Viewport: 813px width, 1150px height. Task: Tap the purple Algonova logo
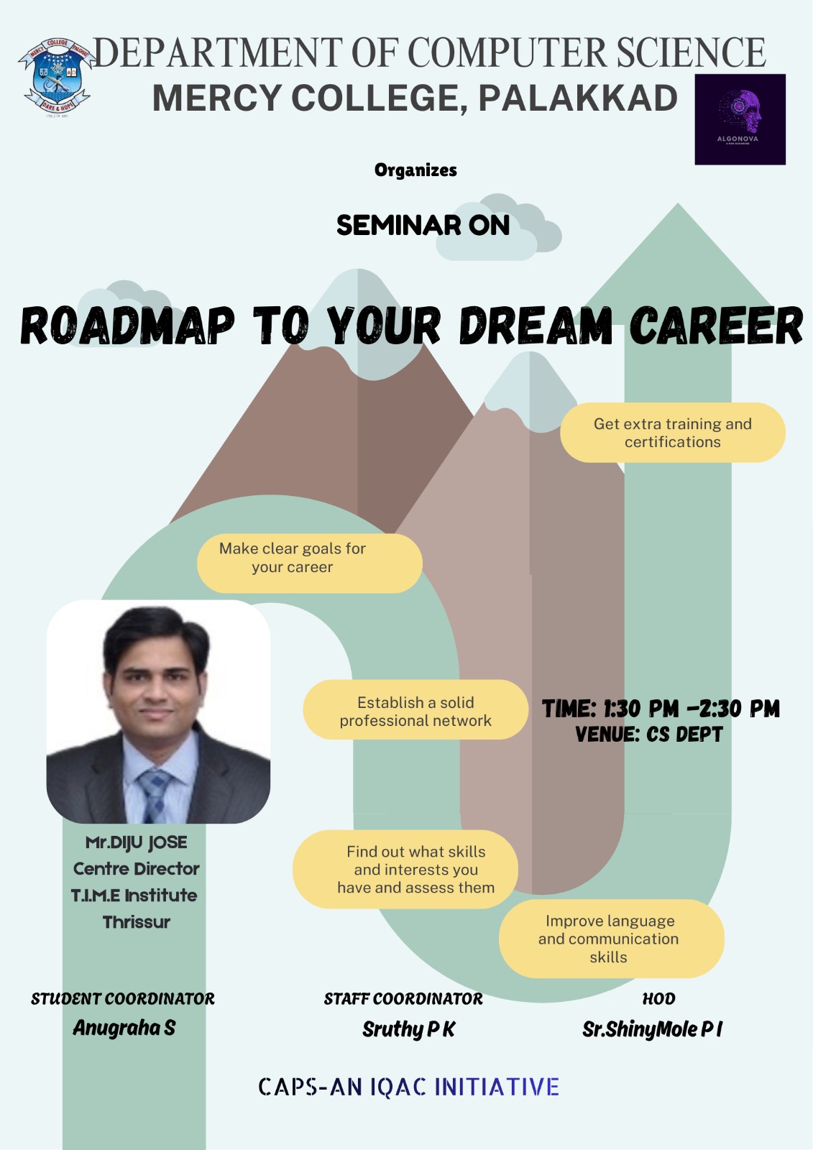click(740, 119)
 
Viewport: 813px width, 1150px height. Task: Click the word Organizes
click(415, 170)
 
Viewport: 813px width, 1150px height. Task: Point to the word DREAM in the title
click(536, 326)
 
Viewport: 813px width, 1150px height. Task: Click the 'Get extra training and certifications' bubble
click(672, 433)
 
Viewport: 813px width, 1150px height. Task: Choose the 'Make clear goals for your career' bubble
click(309, 563)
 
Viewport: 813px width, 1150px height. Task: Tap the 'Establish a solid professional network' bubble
click(415, 710)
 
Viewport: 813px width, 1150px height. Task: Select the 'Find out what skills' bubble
click(405, 870)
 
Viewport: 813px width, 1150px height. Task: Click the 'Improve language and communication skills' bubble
click(611, 939)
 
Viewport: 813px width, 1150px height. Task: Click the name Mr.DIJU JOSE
click(136, 842)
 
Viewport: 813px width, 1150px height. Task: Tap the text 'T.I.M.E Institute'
click(134, 896)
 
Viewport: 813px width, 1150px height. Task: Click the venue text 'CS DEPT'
click(684, 735)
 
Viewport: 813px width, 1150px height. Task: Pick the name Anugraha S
click(124, 1028)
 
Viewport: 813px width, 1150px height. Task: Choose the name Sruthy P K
click(408, 1029)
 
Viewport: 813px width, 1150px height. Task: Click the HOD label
click(658, 998)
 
